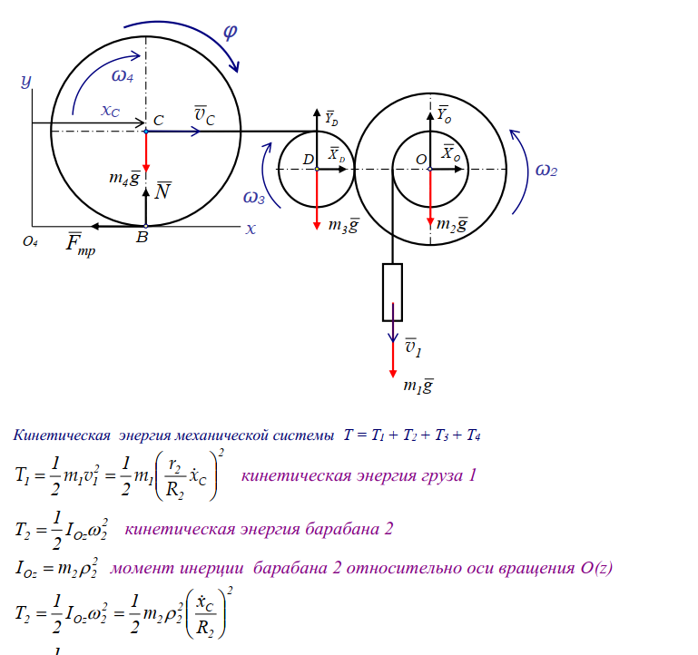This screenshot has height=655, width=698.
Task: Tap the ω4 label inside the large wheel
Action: click(x=123, y=76)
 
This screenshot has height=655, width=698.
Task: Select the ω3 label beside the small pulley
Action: click(x=254, y=197)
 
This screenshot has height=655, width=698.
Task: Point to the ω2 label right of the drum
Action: click(x=546, y=170)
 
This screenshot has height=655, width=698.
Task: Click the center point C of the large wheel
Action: click(x=146, y=132)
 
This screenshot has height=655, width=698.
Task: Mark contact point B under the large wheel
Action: click(x=141, y=239)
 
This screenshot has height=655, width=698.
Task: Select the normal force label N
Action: click(x=162, y=191)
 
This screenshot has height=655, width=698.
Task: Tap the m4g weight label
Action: click(x=123, y=179)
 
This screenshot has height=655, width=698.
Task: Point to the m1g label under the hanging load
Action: click(x=418, y=386)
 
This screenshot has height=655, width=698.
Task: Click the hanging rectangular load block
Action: click(x=392, y=291)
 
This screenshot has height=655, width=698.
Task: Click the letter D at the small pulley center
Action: click(x=309, y=160)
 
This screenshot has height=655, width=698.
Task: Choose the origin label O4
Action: click(x=31, y=241)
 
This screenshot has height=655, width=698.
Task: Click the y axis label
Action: click(x=26, y=82)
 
